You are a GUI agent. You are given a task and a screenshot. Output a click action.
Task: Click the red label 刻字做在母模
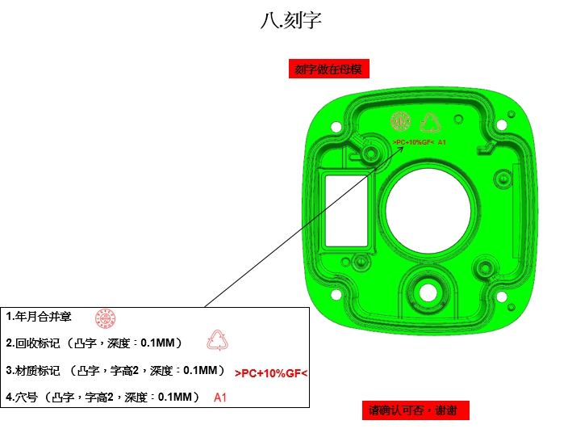click(x=329, y=69)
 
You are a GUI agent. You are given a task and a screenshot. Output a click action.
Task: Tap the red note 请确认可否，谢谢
click(x=412, y=410)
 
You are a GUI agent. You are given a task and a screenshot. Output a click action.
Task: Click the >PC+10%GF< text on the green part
click(x=414, y=142)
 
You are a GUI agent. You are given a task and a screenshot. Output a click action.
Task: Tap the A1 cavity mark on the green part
click(x=442, y=142)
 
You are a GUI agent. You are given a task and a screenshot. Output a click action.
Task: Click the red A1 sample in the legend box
click(x=220, y=397)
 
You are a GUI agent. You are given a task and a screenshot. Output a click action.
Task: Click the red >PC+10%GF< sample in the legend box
click(x=272, y=374)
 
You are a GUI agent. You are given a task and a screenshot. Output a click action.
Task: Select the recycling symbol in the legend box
click(x=218, y=341)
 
